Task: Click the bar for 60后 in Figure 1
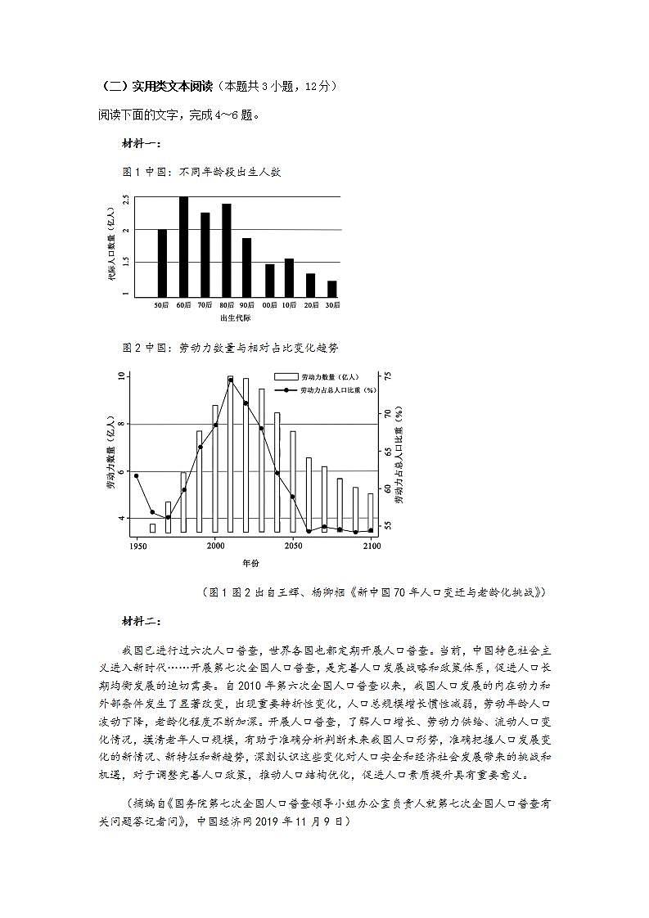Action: [183, 246]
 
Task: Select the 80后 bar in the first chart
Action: [227, 250]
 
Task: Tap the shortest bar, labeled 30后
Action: [331, 288]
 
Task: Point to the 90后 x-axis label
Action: [247, 305]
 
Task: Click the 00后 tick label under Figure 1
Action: [268, 305]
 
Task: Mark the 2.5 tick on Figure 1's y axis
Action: [126, 199]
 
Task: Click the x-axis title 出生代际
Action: [235, 317]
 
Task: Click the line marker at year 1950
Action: [136, 475]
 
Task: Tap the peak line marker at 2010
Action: [231, 380]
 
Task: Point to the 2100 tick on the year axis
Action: [372, 545]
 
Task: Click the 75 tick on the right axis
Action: [387, 376]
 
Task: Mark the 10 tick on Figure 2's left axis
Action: [121, 376]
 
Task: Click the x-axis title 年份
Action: [250, 563]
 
